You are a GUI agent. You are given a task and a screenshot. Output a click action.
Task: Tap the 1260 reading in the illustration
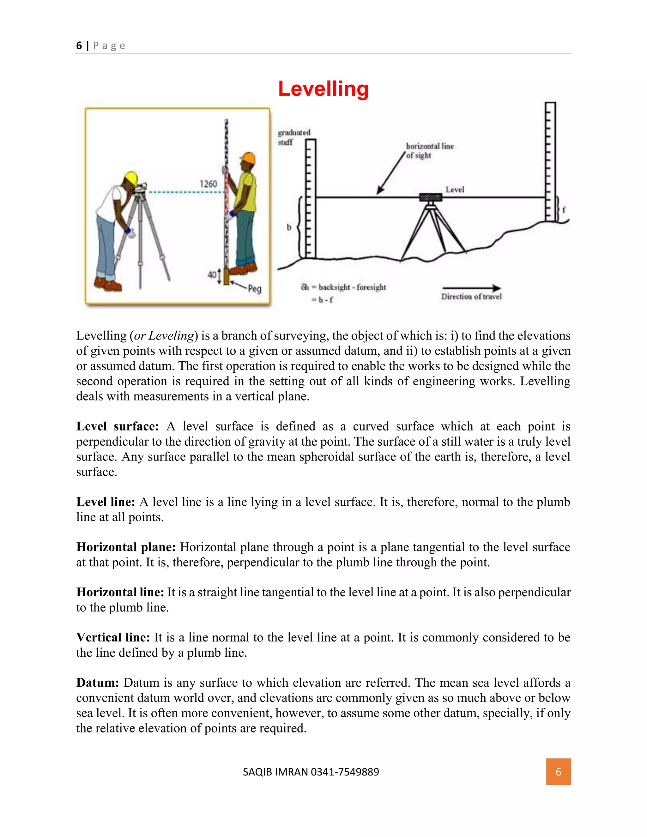point(208,184)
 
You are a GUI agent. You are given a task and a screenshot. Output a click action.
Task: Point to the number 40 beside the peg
point(212,274)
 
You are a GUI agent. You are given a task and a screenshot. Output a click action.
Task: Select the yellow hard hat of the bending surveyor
point(131,178)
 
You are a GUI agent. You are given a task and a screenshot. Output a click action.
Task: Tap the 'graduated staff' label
point(293,137)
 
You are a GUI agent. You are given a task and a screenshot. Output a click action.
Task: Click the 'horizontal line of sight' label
point(429,151)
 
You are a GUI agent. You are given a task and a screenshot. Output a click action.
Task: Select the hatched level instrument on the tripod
point(431,197)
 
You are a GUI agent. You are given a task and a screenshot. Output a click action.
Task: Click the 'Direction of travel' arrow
point(471,288)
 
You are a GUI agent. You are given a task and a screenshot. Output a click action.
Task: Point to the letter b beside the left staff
point(289,227)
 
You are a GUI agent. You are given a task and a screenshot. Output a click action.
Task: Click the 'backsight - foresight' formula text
point(352,287)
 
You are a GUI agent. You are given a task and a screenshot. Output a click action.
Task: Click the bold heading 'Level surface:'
point(117,426)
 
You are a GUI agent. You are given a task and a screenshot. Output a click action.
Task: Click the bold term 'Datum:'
point(97,683)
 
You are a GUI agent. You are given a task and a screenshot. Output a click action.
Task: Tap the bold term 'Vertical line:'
point(113,637)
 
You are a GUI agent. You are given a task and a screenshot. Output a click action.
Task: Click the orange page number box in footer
point(558,772)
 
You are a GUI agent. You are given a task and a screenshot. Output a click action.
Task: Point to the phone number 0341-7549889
point(345,772)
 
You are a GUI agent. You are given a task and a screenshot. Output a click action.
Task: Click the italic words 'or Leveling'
point(164,336)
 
